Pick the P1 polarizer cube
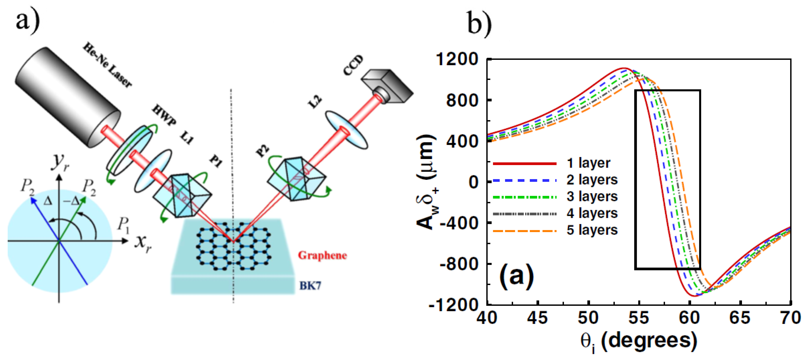[182, 195]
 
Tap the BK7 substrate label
[310, 286]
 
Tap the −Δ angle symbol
[71, 201]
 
